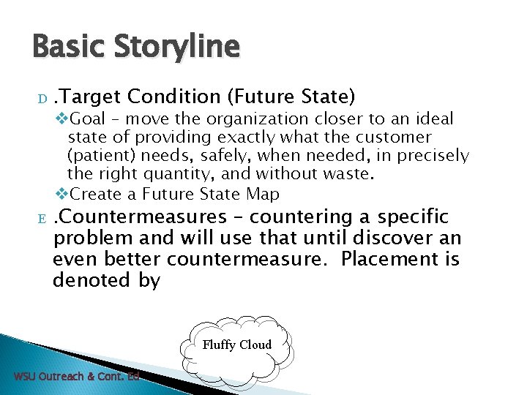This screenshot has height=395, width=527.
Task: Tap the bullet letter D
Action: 42,98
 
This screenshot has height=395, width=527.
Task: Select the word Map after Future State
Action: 263,195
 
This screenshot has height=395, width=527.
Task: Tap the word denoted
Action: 89,280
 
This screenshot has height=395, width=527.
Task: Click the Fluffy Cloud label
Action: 236,345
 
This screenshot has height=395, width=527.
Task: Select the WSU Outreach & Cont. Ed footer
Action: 77,377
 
